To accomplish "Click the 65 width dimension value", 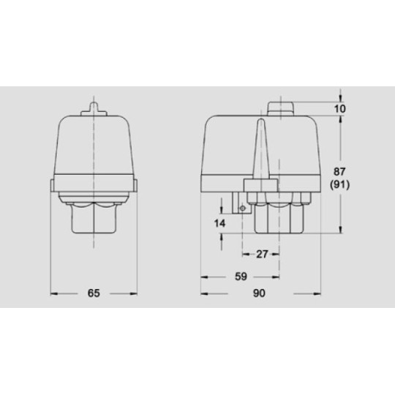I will (x=94, y=293).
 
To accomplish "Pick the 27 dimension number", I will (x=260, y=255).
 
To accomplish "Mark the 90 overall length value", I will (x=259, y=293).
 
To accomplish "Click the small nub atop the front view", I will (x=94, y=109).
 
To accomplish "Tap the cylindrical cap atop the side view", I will (x=281, y=108).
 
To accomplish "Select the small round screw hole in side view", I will (x=243, y=209).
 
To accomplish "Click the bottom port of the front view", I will (x=94, y=219).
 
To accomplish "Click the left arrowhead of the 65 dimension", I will (x=53, y=293).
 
